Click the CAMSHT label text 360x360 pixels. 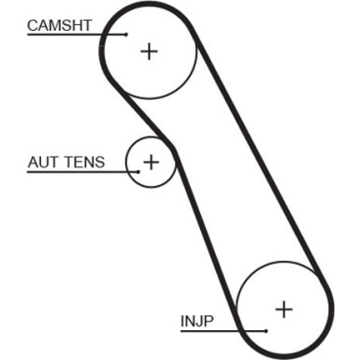point(59,25)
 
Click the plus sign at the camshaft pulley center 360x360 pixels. point(149,50)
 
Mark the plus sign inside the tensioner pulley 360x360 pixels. point(151,162)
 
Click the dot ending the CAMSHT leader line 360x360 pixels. point(127,35)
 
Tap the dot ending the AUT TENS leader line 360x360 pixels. point(140,172)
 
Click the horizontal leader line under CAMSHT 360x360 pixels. point(75,35)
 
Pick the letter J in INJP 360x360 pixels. point(197,322)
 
